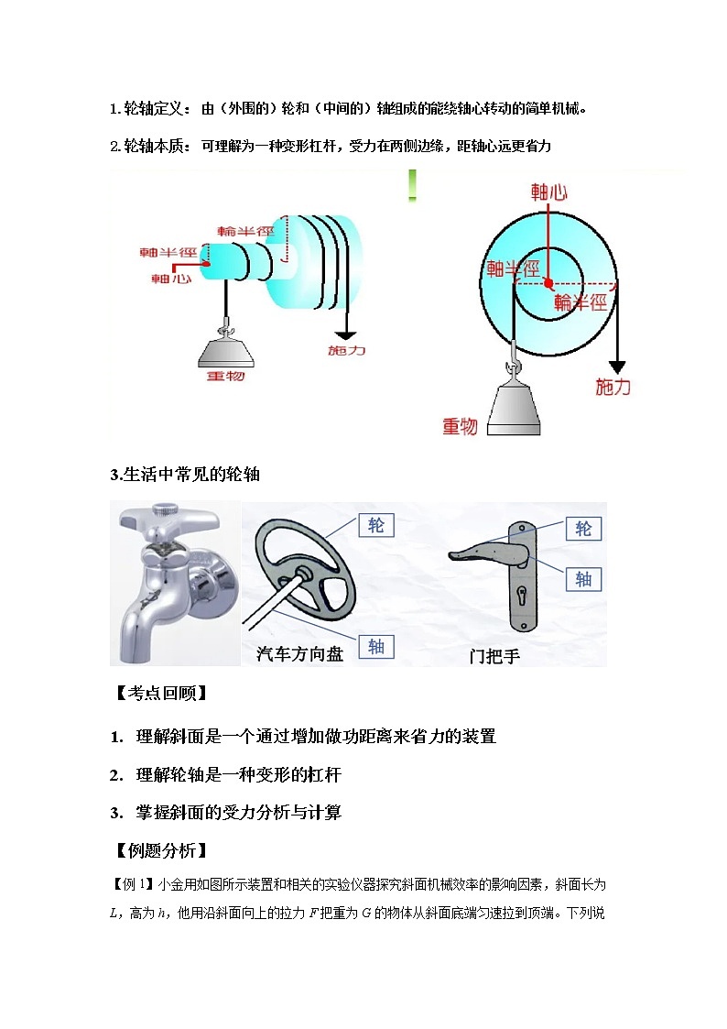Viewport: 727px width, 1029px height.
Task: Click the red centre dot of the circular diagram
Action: [548, 280]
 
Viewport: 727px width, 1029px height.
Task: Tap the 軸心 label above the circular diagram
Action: [549, 192]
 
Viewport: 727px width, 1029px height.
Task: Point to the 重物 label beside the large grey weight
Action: [460, 426]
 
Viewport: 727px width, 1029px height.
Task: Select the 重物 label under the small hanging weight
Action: [225, 375]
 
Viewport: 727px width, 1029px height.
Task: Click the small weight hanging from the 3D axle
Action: [224, 349]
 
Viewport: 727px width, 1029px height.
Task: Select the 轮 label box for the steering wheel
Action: [376, 524]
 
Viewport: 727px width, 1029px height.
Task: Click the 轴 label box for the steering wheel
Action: [376, 647]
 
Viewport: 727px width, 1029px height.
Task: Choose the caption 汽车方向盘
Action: [299, 654]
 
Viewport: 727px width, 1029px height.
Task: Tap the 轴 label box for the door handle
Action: [583, 579]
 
